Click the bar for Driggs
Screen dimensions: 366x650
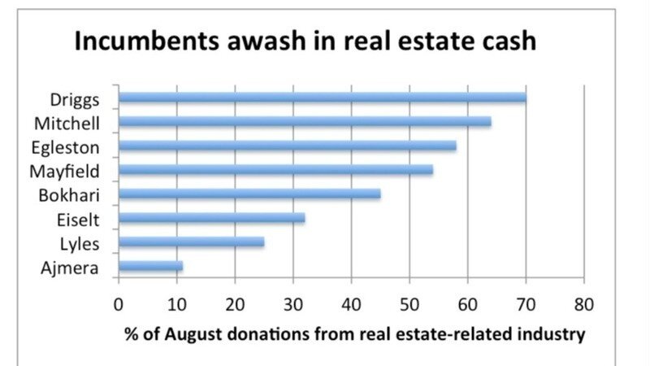pyautogui.click(x=323, y=98)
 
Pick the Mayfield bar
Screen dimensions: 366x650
pyautogui.click(x=276, y=170)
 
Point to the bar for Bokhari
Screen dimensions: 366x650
pyautogui.click(x=249, y=194)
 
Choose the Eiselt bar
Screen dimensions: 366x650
pyautogui.click(x=212, y=218)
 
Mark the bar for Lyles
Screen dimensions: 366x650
pyautogui.click(x=192, y=242)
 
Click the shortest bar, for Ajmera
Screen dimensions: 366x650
pyautogui.click(x=151, y=266)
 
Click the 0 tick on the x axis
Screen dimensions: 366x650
pyautogui.click(x=119, y=305)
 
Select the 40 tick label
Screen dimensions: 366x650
pyautogui.click(x=351, y=305)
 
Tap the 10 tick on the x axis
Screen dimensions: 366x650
pyautogui.click(x=176, y=305)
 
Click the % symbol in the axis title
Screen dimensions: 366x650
pyautogui.click(x=130, y=334)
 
